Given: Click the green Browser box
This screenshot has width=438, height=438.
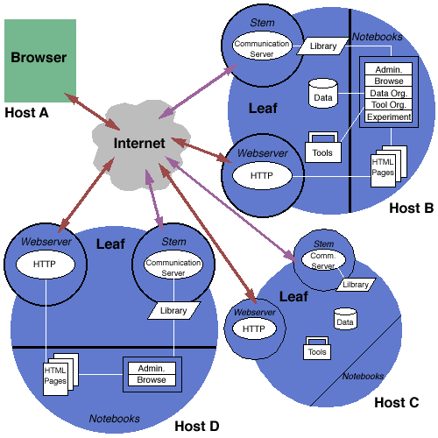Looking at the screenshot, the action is [40, 60].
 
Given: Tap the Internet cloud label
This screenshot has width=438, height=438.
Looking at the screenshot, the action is [139, 143].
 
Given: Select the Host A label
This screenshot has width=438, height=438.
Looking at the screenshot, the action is [26, 113].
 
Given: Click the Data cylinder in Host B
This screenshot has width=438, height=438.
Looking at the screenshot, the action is [323, 93].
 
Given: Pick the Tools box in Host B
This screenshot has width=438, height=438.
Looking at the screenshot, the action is [323, 147].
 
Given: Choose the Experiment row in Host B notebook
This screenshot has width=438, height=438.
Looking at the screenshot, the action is [389, 117].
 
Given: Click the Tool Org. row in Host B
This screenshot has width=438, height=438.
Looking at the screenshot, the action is [389, 104].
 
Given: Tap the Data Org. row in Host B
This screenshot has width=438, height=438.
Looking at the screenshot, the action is [389, 93].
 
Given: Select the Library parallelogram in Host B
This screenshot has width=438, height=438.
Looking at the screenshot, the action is [323, 46].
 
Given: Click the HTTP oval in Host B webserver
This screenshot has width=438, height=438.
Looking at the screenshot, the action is [262, 175].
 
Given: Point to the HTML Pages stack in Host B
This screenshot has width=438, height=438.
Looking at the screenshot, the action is [389, 166].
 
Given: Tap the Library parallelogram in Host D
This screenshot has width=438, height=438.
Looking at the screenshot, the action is [174, 310].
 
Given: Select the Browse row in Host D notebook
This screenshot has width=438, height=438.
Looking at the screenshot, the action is [152, 380].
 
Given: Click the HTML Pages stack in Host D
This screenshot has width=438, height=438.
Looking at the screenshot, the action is [60, 374].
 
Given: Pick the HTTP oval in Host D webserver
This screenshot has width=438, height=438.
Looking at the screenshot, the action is [46, 265].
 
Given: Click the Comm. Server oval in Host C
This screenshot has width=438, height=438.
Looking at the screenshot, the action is [323, 259].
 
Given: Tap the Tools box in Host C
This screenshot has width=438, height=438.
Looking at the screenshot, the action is [317, 348].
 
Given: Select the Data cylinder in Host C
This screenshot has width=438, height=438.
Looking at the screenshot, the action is [345, 319].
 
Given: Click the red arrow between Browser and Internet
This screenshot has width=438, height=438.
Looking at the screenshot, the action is [92, 112].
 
